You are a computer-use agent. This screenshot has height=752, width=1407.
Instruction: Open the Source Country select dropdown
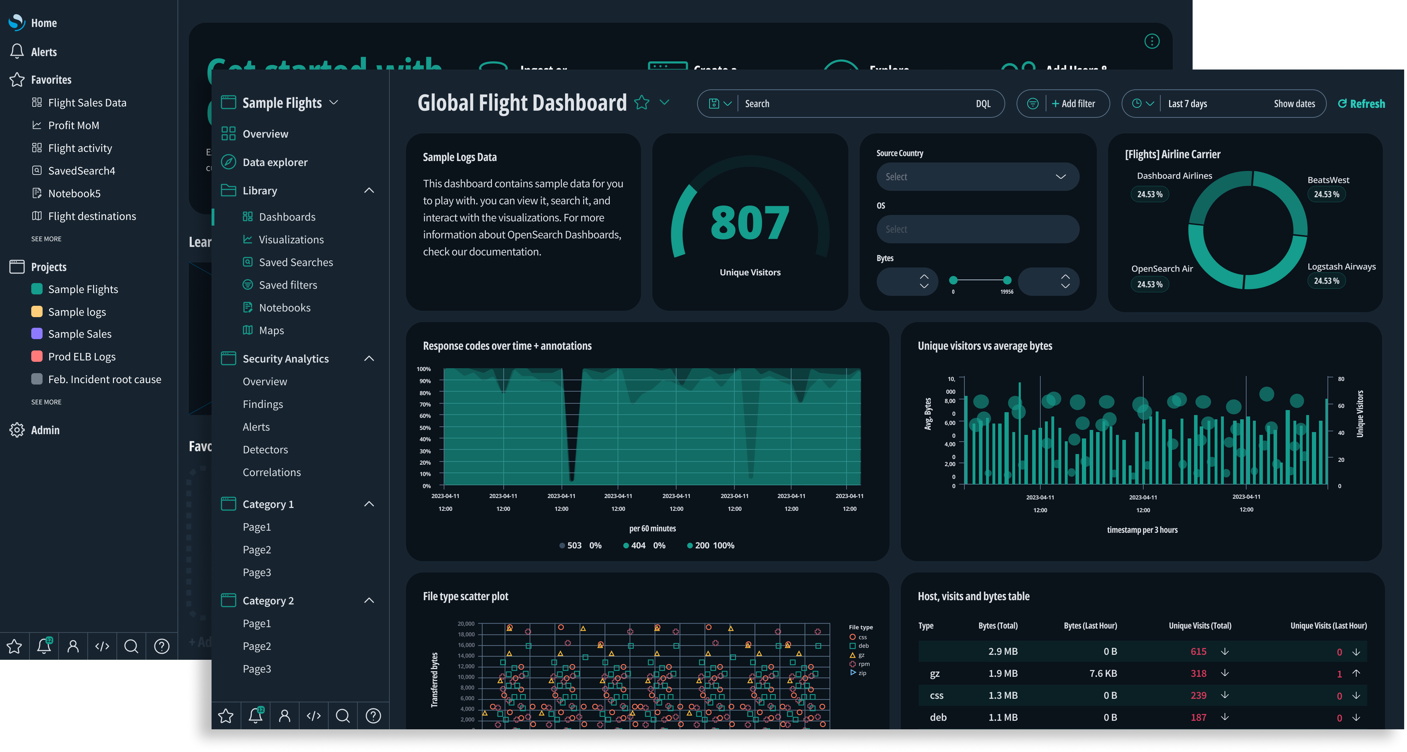(977, 177)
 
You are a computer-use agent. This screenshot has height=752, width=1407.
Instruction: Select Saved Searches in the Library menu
(296, 262)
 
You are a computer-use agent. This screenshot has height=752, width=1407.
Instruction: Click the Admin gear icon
(17, 430)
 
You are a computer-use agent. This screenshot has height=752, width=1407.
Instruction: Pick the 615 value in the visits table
(1198, 652)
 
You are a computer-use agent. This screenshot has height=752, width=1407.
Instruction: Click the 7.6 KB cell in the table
(1103, 673)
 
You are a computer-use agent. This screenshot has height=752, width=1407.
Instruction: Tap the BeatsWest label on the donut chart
(1328, 180)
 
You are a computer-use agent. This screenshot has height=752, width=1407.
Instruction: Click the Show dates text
(1294, 104)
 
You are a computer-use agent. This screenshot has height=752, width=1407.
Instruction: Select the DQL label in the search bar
(982, 104)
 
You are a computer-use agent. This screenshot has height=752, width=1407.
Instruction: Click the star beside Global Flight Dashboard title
(642, 103)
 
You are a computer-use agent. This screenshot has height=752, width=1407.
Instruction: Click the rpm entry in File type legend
(863, 664)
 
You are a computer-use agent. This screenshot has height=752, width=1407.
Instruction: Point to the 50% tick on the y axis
(425, 428)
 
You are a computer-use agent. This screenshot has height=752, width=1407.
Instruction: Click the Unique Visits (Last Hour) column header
(1328, 626)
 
